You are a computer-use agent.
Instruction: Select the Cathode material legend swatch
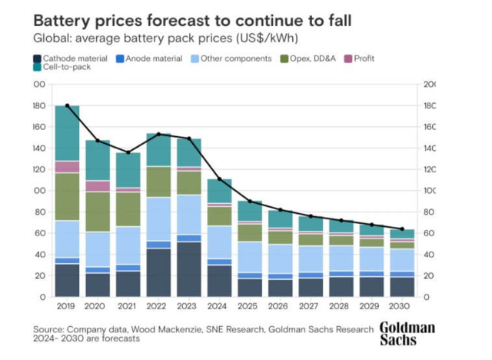coord(37,58)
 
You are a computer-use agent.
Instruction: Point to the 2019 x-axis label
coord(68,306)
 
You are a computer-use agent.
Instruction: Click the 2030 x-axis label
coord(401,306)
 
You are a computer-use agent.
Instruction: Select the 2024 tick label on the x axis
coord(219,306)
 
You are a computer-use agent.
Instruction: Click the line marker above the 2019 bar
coord(68,105)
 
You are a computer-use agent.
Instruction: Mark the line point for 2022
coord(158,134)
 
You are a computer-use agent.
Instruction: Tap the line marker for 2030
coord(401,228)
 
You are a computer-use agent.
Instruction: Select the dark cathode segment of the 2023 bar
coord(189,269)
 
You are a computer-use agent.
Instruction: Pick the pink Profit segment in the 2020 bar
coord(98,186)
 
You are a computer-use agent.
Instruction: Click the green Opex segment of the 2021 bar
coord(128,208)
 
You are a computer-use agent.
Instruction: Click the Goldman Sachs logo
coord(407,333)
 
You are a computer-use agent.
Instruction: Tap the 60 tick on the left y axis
coord(38,233)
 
